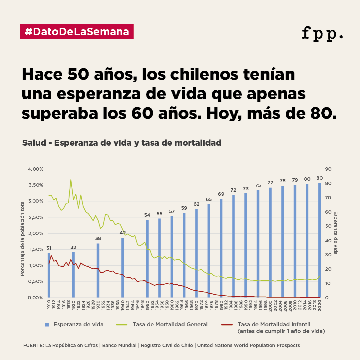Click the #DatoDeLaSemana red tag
(77, 32)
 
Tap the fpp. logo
(322, 33)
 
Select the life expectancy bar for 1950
(147, 258)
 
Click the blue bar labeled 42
(123, 267)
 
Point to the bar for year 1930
(98, 270)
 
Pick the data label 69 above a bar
(221, 194)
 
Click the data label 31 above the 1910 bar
(49, 248)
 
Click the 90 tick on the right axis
(328, 169)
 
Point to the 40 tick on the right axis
(328, 241)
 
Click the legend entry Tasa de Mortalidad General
(170, 324)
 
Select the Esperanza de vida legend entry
(78, 324)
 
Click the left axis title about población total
(23, 238)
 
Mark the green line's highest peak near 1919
(71, 180)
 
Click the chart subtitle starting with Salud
(122, 143)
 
